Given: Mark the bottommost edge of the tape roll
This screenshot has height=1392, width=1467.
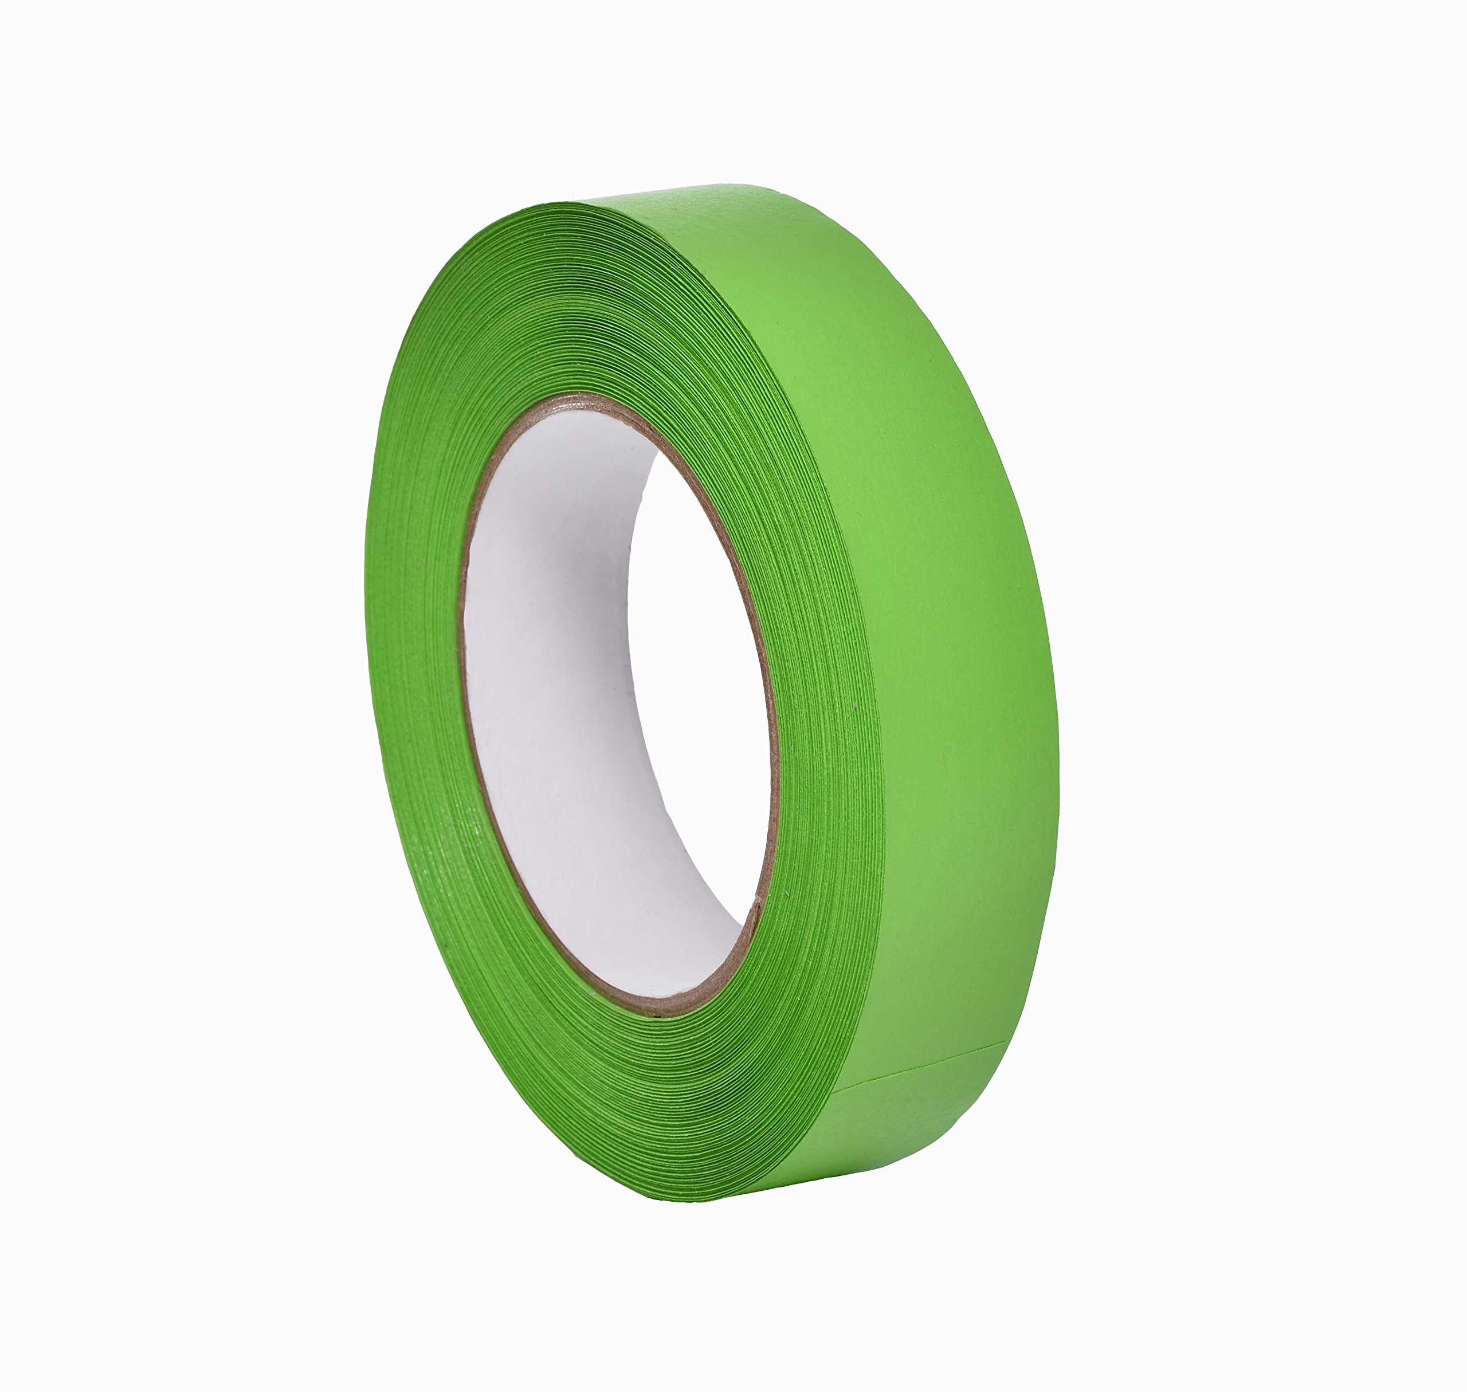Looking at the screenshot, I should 712,1201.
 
